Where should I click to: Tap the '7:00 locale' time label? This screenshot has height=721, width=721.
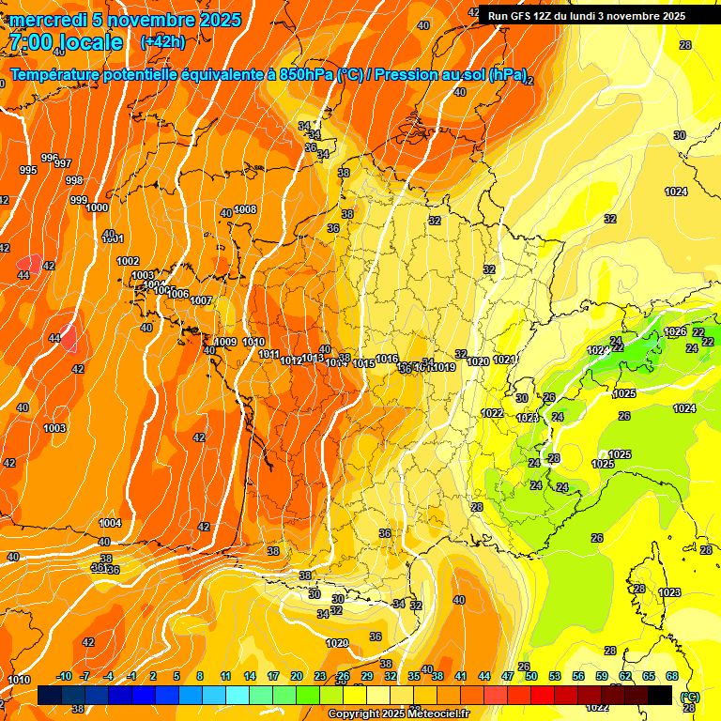(x=66, y=42)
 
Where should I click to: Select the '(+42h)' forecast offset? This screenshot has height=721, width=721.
(x=162, y=42)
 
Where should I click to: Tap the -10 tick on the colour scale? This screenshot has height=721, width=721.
(x=64, y=677)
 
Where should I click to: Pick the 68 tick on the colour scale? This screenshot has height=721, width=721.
(x=672, y=677)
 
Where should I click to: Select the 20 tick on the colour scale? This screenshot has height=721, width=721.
(x=297, y=677)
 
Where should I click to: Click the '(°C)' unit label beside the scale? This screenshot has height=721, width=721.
(x=689, y=698)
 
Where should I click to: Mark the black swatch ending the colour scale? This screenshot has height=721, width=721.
(x=660, y=695)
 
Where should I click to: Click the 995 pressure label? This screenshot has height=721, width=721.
(x=28, y=170)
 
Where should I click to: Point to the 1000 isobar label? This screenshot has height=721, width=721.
(x=97, y=208)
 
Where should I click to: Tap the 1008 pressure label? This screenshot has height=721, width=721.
(x=245, y=209)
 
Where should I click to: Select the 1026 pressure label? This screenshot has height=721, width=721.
(x=675, y=331)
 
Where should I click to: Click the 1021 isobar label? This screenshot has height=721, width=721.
(x=504, y=360)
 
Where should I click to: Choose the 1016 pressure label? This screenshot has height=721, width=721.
(x=387, y=360)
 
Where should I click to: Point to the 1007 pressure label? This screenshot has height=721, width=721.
(x=201, y=300)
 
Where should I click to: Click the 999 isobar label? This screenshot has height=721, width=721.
(x=79, y=200)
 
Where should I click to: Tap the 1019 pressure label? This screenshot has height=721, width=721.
(x=445, y=368)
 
